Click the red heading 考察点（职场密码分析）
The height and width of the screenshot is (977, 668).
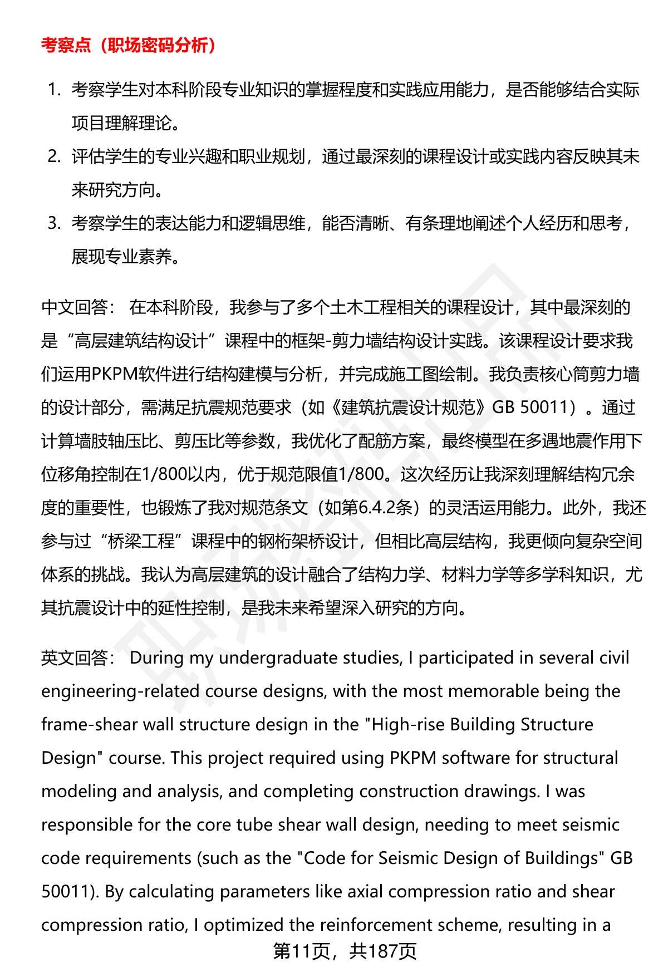pos(129,45)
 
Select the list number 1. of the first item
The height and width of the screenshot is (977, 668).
pos(54,90)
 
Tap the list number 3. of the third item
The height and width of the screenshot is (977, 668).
pos(54,223)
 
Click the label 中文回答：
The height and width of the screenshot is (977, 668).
pos(78,307)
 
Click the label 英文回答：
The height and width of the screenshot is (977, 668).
pos(78,658)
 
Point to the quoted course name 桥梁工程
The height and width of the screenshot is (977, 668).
pos(141,541)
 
